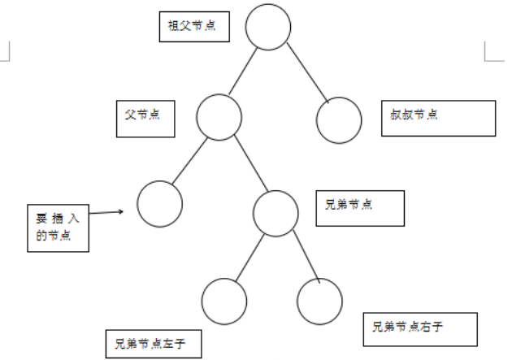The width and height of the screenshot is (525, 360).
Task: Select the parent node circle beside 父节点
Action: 219,117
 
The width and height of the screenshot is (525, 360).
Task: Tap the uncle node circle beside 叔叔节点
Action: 339,120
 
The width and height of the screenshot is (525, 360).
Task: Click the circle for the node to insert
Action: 159,204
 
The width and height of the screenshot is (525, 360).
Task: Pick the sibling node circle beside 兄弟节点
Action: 276,213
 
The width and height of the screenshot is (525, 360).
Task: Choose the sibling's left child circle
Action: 223,300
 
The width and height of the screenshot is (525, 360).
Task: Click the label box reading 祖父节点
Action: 193,25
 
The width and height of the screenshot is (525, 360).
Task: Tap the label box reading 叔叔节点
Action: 437,118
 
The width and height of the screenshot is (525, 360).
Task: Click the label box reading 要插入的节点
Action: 57,228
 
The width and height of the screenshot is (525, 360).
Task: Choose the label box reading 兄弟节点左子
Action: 152,344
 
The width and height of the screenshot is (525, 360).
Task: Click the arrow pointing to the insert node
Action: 106,214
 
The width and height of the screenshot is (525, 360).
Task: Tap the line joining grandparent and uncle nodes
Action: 306,72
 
